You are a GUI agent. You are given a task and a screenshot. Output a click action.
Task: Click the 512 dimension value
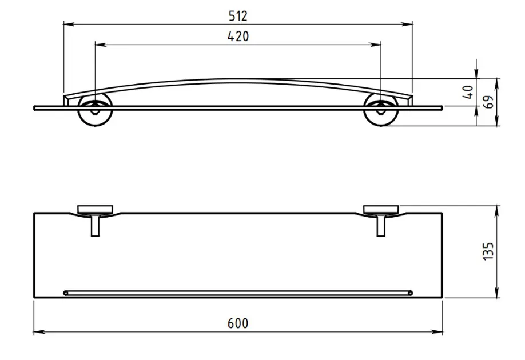point(238,16)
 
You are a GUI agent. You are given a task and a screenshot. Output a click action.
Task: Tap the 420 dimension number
point(238,37)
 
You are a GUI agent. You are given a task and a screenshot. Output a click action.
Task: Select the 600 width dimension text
point(238,323)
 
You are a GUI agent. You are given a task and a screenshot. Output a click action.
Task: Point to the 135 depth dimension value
point(488,251)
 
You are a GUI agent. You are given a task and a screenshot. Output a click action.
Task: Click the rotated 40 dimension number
point(468,92)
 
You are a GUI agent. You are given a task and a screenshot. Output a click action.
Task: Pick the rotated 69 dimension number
point(488,102)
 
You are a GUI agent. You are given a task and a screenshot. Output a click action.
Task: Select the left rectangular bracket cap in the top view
point(95,210)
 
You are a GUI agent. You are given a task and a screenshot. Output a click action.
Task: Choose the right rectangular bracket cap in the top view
point(381,210)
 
